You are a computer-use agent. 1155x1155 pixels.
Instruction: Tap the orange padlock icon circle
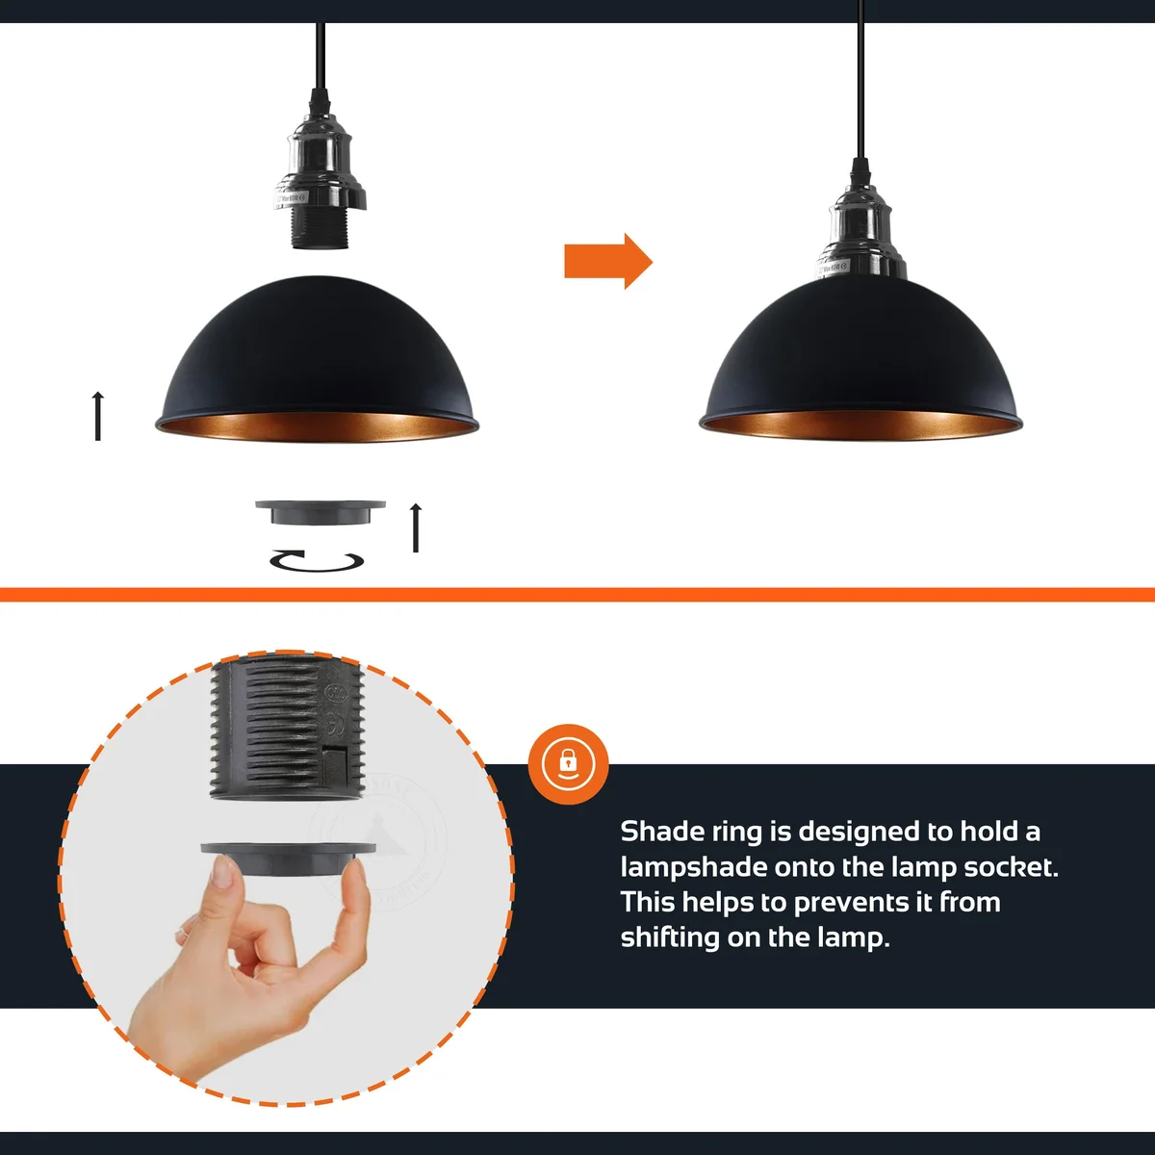pyautogui.click(x=569, y=764)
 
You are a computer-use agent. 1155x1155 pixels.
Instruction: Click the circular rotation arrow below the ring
pyautogui.click(x=317, y=561)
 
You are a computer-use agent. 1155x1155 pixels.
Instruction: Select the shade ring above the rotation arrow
pyautogui.click(x=321, y=512)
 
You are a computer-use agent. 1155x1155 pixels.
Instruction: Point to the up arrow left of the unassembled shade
pyautogui.click(x=97, y=416)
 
